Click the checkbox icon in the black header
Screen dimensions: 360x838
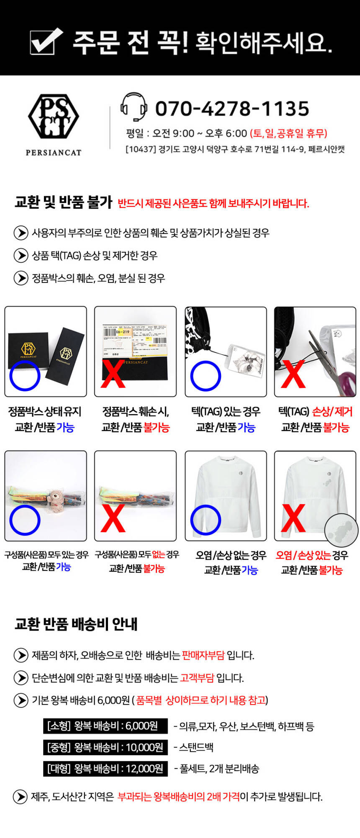tap(46, 41)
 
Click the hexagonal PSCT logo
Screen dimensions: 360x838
tap(54, 116)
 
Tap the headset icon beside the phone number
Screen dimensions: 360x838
tap(134, 107)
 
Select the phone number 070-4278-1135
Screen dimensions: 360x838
tap(232, 109)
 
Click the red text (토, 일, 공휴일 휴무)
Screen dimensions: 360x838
tap(288, 133)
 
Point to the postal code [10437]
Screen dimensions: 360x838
tap(141, 149)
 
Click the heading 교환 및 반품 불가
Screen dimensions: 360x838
tap(64, 202)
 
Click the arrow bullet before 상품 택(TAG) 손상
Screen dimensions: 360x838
tap(21, 255)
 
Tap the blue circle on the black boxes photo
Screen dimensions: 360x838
tap(25, 376)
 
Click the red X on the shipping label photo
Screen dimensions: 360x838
tap(113, 374)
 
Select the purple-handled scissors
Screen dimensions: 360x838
tap(331, 364)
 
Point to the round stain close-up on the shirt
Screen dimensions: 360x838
tap(341, 530)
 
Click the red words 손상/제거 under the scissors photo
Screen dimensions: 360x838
tap(332, 412)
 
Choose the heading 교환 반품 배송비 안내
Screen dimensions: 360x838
tap(76, 624)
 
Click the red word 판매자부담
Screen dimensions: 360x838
tap(203, 655)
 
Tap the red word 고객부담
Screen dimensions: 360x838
tap(197, 678)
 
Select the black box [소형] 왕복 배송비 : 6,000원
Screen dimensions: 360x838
tap(105, 726)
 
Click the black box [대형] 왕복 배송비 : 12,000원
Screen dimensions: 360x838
tap(105, 769)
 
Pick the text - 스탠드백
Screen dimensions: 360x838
tap(193, 747)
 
